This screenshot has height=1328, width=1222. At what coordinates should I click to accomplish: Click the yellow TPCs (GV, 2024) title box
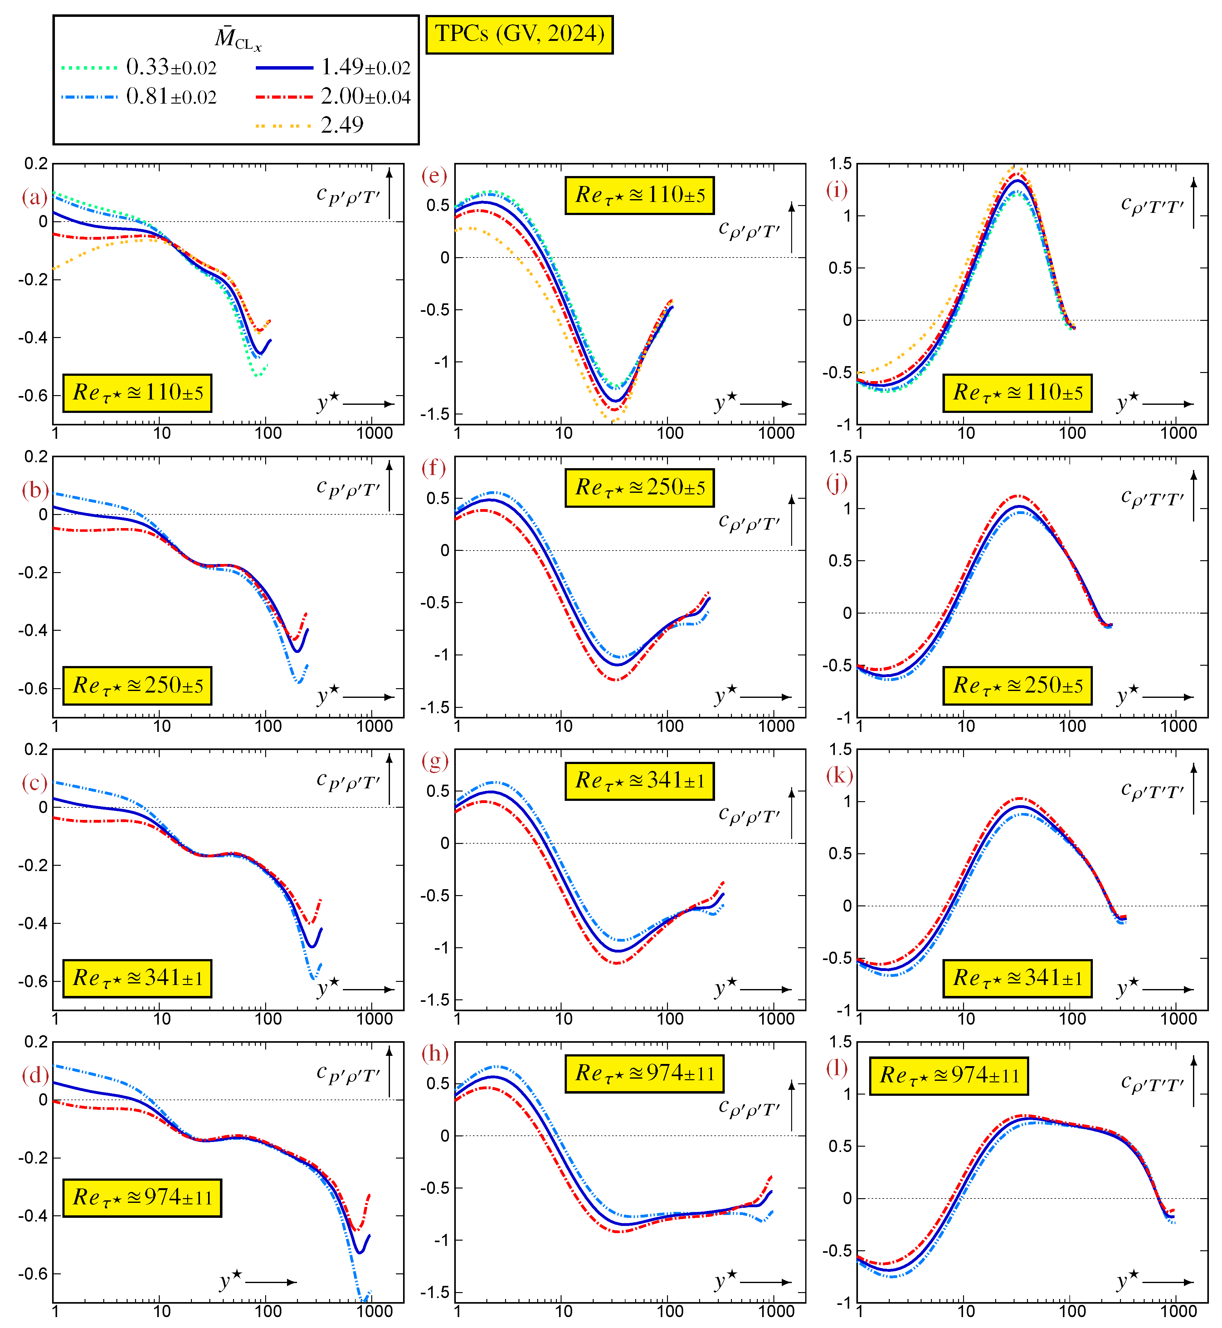coord(519,34)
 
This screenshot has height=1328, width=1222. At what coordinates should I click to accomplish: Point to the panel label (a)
coord(34,197)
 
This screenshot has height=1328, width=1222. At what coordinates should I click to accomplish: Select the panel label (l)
coord(837,1067)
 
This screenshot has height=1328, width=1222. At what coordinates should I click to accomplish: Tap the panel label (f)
coord(434,468)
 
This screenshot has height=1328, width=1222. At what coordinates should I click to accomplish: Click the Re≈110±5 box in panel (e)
coord(640,195)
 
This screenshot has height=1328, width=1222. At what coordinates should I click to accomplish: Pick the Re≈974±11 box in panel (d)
coord(142,1197)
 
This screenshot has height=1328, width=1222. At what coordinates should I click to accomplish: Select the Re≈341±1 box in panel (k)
coord(1017,978)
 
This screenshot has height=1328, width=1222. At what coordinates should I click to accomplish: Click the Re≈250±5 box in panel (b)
coord(138,685)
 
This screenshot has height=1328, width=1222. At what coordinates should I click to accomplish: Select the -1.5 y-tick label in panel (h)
coord(435,1292)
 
